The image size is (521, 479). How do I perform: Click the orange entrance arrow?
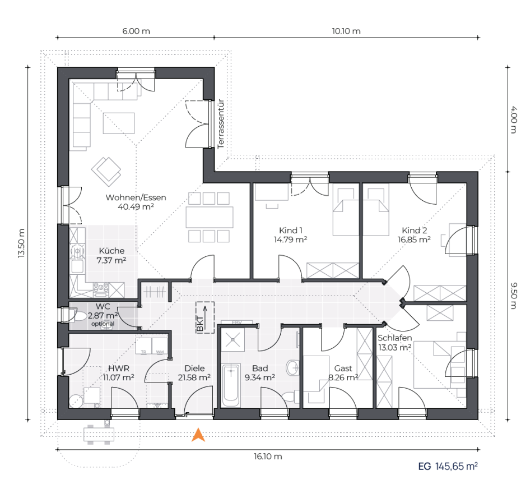[198, 435]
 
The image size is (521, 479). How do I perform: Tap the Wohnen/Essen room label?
[136, 197]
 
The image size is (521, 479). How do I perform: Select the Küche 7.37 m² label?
[111, 255]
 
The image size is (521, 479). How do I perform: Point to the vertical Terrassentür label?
[221, 124]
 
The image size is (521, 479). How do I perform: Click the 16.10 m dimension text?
[268, 457]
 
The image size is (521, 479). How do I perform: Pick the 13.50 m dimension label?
[22, 243]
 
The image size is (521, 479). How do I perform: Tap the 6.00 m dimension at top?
[136, 31]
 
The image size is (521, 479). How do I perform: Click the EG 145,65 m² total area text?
[448, 466]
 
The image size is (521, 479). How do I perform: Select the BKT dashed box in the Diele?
[205, 317]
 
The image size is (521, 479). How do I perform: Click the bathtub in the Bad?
[231, 385]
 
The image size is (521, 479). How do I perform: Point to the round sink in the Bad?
[292, 367]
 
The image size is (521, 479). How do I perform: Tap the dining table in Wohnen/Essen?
[210, 217]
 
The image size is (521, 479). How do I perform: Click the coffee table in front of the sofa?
[119, 123]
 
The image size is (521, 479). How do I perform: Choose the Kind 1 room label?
[290, 231]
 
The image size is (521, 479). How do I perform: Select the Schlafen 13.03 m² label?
[395, 343]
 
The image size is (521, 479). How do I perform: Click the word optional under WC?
[103, 324]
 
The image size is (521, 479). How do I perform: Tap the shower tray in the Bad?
[233, 339]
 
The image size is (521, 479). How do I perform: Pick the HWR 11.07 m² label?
[119, 373]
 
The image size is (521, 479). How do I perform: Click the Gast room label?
[343, 369]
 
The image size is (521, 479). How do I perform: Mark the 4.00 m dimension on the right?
[514, 119]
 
